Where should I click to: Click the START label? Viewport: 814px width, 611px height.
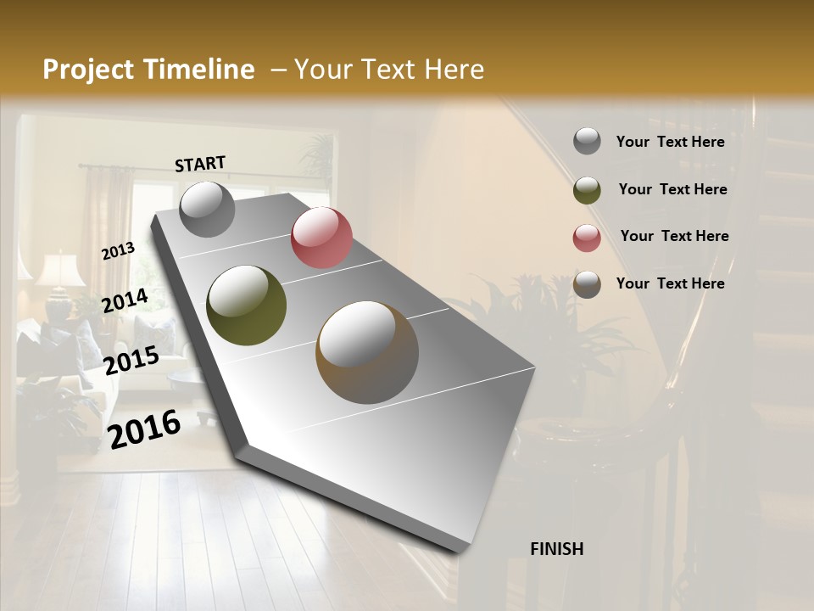click(x=200, y=164)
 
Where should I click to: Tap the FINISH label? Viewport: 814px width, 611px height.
click(x=556, y=549)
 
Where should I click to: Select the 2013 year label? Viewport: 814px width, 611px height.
click(x=118, y=251)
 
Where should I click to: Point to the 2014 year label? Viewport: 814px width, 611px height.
click(x=125, y=301)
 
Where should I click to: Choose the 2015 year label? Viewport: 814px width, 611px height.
click(x=131, y=361)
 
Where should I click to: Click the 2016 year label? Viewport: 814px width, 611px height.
click(x=144, y=429)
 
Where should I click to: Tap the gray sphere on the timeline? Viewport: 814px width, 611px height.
click(x=207, y=210)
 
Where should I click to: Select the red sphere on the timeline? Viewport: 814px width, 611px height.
click(x=321, y=238)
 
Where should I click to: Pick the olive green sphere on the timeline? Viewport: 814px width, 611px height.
click(x=246, y=305)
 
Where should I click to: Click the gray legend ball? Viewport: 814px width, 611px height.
click(x=587, y=142)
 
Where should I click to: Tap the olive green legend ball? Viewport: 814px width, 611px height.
click(x=587, y=190)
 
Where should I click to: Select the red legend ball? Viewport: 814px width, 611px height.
click(x=587, y=238)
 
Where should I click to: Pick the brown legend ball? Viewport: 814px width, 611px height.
click(x=587, y=284)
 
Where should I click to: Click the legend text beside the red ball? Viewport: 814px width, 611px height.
click(x=674, y=236)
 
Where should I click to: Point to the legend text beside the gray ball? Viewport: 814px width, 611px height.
click(x=670, y=142)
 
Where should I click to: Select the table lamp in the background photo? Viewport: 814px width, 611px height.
click(x=59, y=276)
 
